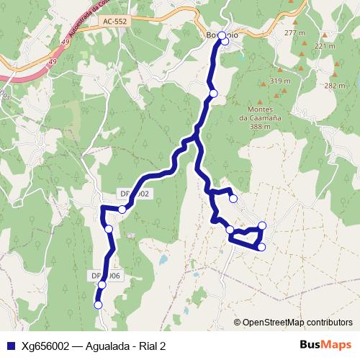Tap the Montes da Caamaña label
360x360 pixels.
point(260,113)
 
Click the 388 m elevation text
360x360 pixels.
point(260,126)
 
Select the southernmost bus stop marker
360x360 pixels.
point(99,305)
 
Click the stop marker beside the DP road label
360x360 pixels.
point(123,210)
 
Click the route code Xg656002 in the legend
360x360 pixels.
point(45,345)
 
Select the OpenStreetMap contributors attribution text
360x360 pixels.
point(297,322)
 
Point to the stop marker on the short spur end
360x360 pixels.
point(233,199)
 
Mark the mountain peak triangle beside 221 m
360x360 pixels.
point(324,35)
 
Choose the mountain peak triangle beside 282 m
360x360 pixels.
point(335,74)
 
